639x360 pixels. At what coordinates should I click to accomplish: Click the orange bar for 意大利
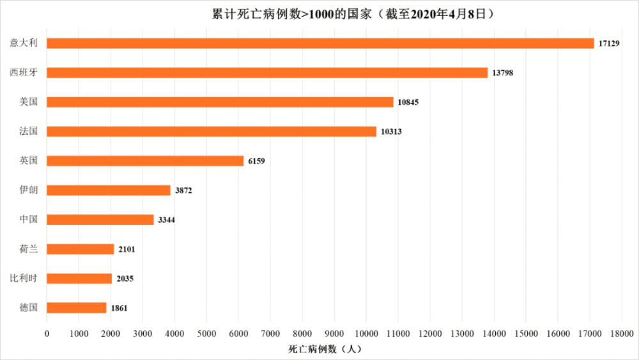click(319, 43)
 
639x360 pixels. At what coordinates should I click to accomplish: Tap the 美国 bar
click(220, 102)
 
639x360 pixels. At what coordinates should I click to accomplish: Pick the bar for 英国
click(145, 161)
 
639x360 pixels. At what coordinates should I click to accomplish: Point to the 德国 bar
click(77, 308)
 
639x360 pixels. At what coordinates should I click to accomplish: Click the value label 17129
click(609, 43)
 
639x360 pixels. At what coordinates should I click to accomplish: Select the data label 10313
click(391, 132)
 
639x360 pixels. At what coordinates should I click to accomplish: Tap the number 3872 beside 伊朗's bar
click(184, 191)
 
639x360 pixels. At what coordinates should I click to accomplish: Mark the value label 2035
click(125, 279)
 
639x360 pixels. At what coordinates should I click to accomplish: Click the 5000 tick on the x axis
click(206, 333)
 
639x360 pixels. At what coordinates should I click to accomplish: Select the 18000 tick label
click(621, 333)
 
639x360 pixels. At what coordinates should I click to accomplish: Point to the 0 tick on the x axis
click(47, 333)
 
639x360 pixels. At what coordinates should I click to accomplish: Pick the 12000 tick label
click(429, 333)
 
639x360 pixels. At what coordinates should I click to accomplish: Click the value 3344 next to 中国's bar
click(166, 220)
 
